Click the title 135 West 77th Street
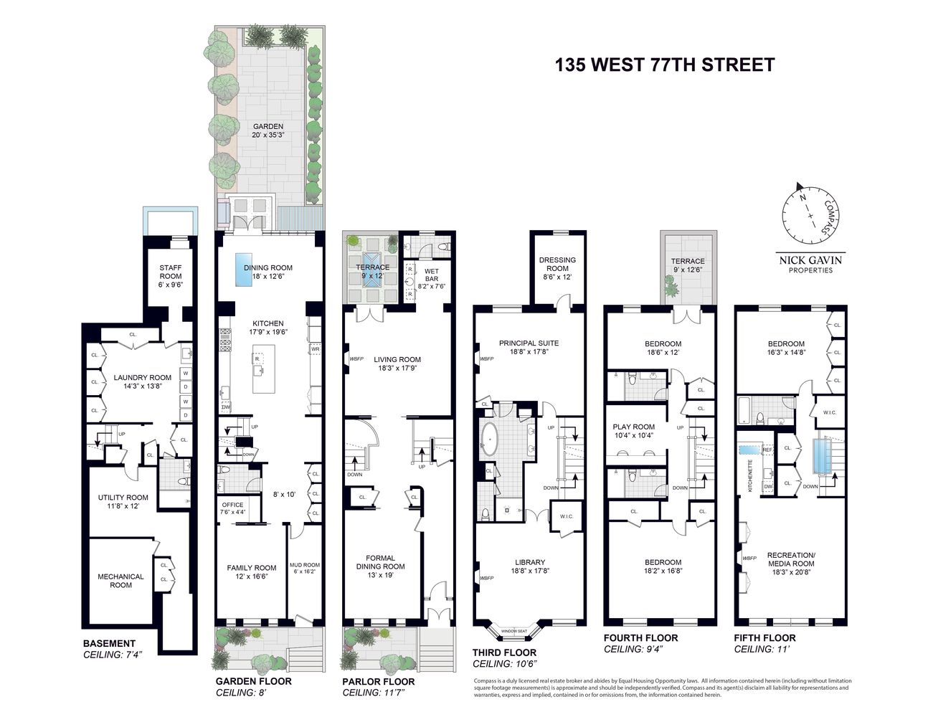[664, 65]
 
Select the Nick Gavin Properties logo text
[810, 265]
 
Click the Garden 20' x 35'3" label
[267, 130]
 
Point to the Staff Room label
[171, 275]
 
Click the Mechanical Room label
[120, 581]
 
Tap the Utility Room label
[123, 501]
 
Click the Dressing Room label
[558, 268]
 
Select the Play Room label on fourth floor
[635, 431]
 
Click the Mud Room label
[304, 569]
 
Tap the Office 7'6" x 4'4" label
[232, 508]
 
